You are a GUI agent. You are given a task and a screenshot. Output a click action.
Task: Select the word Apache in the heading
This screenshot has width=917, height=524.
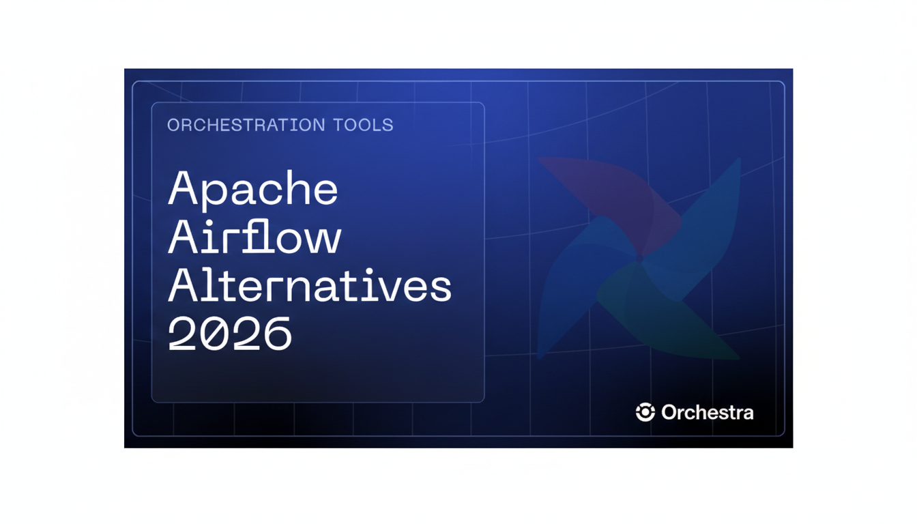(253, 189)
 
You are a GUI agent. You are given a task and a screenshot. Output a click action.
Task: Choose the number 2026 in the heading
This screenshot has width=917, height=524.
(230, 334)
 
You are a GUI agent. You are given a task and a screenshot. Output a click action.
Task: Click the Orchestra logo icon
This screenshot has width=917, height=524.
(645, 412)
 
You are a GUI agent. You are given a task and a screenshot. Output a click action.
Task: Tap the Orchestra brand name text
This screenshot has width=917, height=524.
(708, 413)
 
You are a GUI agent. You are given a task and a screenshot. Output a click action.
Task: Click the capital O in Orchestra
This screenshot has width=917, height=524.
(669, 413)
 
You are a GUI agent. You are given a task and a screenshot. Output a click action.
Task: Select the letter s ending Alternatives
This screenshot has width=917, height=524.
(439, 289)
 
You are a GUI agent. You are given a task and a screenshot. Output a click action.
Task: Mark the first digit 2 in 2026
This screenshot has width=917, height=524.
(182, 334)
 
